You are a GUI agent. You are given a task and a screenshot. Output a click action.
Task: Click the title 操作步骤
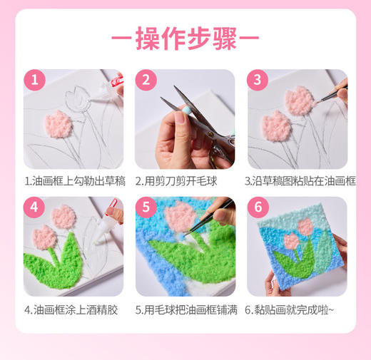tap(185, 38)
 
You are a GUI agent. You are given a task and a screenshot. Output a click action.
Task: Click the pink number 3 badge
tap(257, 79)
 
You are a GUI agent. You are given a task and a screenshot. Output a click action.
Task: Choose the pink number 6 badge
tap(257, 207)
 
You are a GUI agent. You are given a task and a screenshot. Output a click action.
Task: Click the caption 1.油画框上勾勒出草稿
tap(73, 181)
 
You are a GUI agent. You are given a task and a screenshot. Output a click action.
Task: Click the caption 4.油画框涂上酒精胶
tap(73, 309)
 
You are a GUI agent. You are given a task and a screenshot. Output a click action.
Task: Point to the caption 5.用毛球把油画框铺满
tap(185, 309)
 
